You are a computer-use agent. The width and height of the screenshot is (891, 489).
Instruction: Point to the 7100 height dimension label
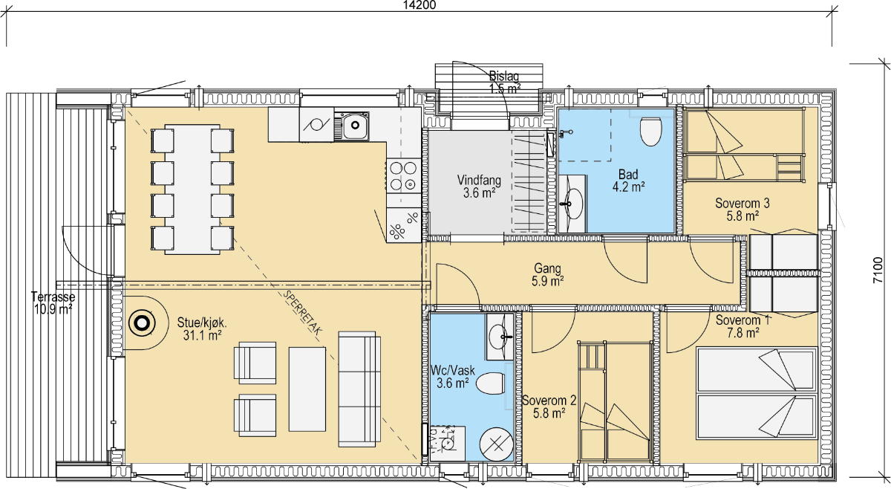(x=878, y=270)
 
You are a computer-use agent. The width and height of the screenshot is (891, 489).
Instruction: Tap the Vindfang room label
(x=479, y=180)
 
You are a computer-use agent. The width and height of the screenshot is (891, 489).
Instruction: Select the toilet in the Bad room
(x=650, y=131)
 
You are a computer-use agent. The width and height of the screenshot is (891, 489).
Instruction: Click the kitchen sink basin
(x=354, y=126)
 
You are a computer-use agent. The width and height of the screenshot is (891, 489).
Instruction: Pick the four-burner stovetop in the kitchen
(x=403, y=176)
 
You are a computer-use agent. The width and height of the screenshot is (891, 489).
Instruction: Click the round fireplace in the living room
(x=142, y=323)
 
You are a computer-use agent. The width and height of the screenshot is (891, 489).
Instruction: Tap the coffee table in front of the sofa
(x=307, y=389)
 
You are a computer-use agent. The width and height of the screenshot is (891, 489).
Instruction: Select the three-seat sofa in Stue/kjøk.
(x=359, y=389)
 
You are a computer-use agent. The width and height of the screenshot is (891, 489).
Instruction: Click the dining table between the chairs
(x=192, y=190)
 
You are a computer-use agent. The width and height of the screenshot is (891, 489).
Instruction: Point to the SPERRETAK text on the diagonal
(x=302, y=312)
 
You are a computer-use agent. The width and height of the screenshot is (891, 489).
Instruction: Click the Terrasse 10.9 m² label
(x=53, y=303)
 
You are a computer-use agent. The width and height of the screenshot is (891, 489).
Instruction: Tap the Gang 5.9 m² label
(x=548, y=275)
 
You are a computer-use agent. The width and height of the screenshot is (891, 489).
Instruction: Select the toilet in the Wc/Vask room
(x=491, y=383)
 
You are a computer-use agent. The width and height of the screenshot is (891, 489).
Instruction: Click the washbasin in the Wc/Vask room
(x=499, y=337)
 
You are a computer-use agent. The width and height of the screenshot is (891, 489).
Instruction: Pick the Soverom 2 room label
(x=549, y=401)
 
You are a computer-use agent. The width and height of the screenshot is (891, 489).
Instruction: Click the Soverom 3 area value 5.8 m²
(x=742, y=216)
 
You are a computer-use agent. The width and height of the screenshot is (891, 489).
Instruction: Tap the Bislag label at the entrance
(x=504, y=76)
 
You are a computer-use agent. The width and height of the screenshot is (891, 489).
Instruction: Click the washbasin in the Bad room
(x=572, y=204)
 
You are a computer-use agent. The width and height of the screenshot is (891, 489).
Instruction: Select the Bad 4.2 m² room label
(x=628, y=181)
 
